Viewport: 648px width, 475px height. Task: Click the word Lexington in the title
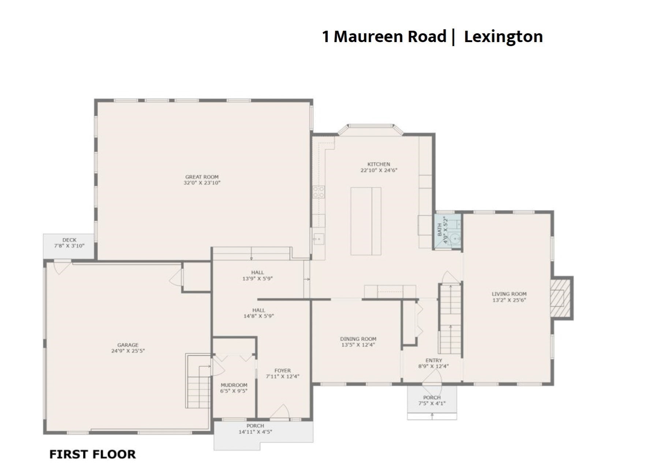tap(503, 37)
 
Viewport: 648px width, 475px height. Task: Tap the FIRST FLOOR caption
tap(92, 454)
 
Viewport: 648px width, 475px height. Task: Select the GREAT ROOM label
tap(202, 177)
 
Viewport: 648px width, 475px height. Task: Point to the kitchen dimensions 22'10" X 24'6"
tap(379, 170)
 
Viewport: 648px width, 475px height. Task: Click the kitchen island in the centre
tap(365, 221)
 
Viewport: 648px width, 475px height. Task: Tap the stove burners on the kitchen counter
tap(318, 192)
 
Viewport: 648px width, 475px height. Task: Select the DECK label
tap(69, 240)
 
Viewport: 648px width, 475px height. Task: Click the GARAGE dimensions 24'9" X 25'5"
tap(128, 351)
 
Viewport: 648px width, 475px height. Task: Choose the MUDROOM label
tap(234, 385)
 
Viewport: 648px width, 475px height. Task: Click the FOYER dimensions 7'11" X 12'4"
tap(282, 376)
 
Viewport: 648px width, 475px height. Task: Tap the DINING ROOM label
tap(358, 339)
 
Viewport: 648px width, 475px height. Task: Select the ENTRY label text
tap(433, 360)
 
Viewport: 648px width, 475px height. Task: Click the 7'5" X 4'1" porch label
tap(432, 404)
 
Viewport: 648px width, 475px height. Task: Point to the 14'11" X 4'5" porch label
tap(255, 432)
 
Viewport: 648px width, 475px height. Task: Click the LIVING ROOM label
tap(509, 294)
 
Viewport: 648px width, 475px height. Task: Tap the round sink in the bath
tap(455, 238)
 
